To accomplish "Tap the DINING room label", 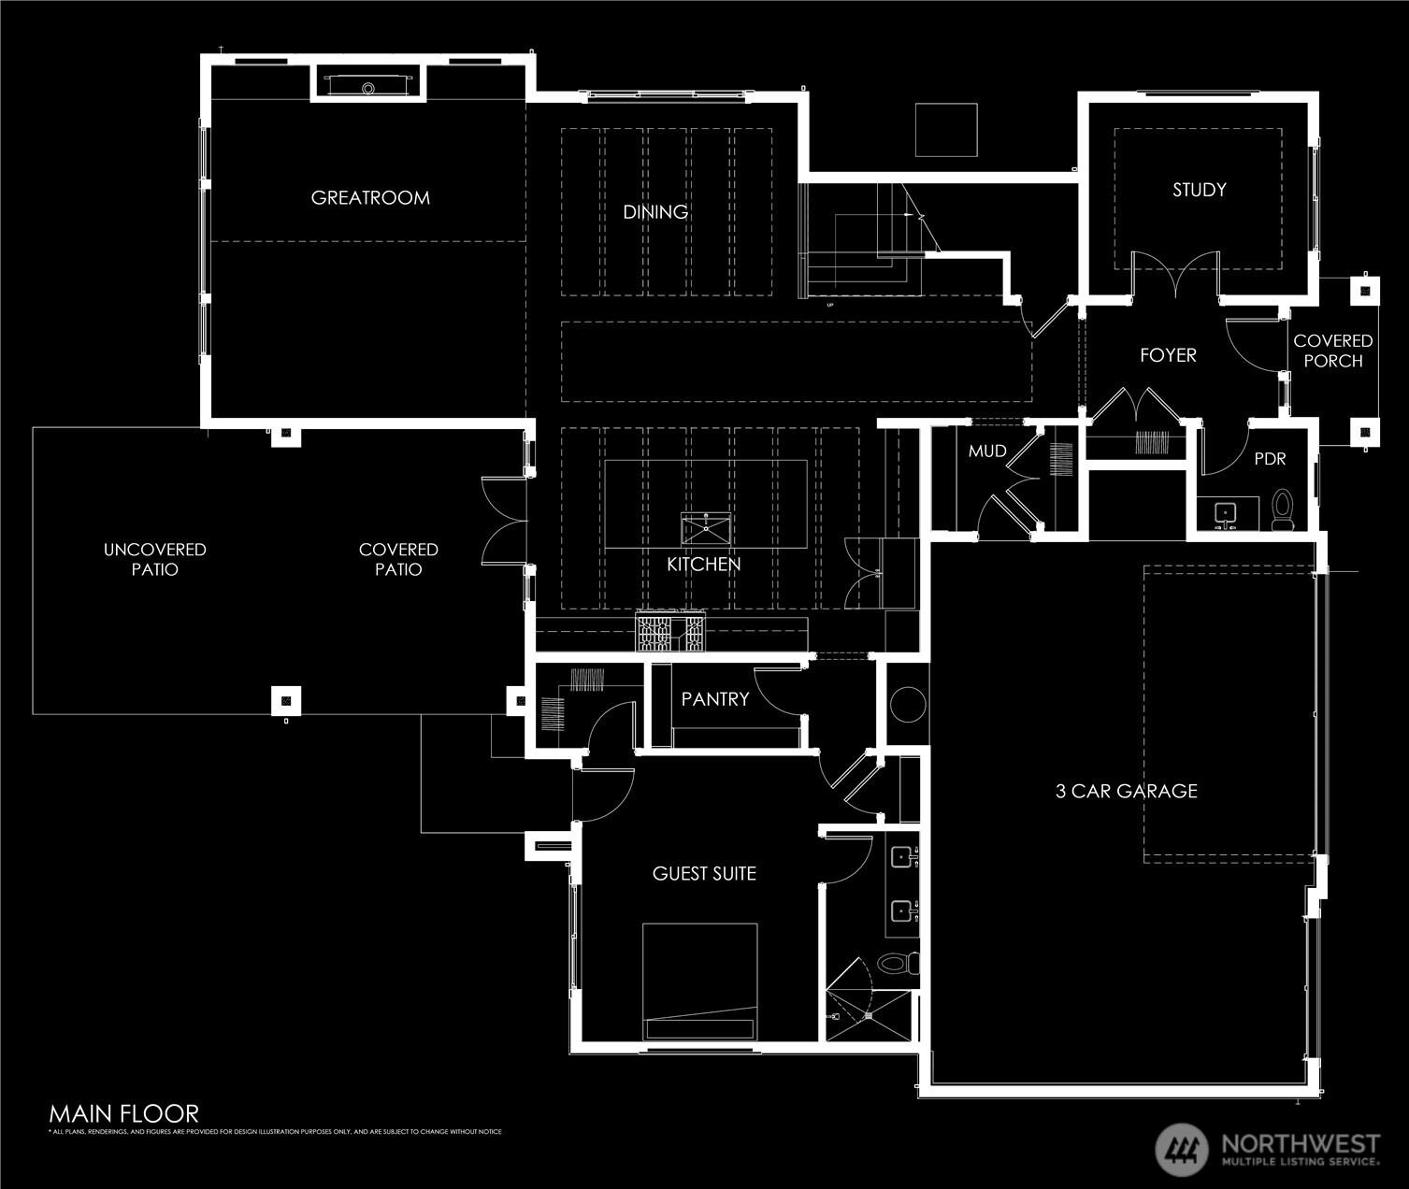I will point(655,212).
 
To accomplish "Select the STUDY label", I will point(1199,190).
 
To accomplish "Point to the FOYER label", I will point(1168,355).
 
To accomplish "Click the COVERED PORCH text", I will point(1332,351).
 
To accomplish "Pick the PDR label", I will point(1270,459).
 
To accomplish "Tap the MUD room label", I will point(987,451).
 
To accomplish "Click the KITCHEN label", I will point(703,565).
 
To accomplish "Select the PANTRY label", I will point(714,699).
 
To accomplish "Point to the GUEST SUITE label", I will point(704,873).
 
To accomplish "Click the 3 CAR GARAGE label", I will point(1126,791).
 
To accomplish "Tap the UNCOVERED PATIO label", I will point(154,559).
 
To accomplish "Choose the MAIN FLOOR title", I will point(123,1113).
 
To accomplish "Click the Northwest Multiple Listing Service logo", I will point(1267,1149).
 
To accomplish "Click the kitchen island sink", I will point(705,529).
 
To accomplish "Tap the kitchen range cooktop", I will point(670,633).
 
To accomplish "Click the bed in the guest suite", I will point(699,981).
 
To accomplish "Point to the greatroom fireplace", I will point(368,83).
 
